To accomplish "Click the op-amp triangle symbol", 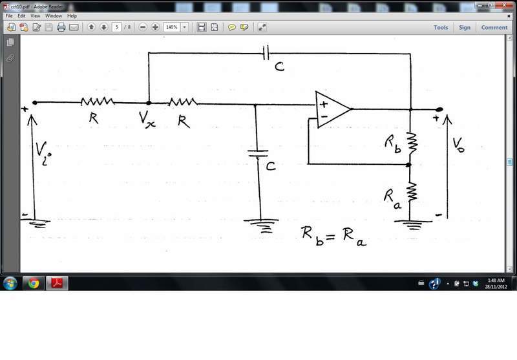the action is (332, 109).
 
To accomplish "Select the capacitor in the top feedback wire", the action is (266, 53).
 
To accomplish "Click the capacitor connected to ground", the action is (258, 153).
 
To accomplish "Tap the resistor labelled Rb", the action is (412, 143).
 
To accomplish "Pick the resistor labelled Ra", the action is (411, 192).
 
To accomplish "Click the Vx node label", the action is (147, 119).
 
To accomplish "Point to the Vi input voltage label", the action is (43, 153).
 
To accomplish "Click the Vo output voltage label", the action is (458, 145).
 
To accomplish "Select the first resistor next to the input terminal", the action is (98, 101).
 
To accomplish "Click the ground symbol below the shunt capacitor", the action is (261, 226).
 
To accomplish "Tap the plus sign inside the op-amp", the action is (324, 104).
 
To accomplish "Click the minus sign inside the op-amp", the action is (324, 116).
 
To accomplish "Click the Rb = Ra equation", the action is (333, 236).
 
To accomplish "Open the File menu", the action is (9, 16).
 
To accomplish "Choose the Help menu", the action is (72, 16).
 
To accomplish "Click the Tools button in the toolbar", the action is (441, 28).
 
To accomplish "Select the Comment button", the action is (494, 28).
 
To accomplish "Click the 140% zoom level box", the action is (172, 27).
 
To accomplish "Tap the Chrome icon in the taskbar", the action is (34, 283).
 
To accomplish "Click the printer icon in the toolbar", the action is (61, 27).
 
